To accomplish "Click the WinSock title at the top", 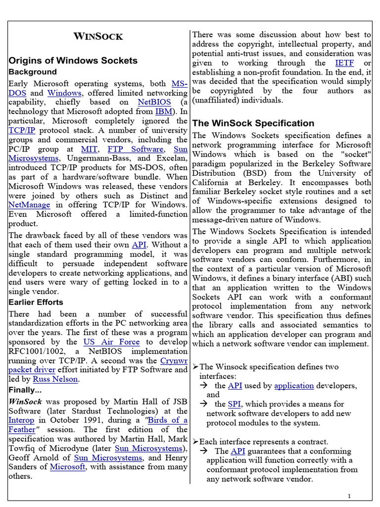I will point(98,36).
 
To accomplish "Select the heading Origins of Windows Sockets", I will point(73,60).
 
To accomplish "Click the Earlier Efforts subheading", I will point(36,302).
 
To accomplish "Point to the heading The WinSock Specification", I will point(253,123).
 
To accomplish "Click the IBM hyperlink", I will point(164,112).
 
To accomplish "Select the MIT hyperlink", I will point(92,149).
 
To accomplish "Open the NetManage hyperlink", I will point(30,204).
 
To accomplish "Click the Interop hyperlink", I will point(21,420).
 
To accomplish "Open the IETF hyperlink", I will point(344,63).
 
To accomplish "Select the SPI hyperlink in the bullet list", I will point(235,405).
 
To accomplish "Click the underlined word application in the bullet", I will point(294,386).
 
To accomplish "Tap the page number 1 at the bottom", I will point(349,496).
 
